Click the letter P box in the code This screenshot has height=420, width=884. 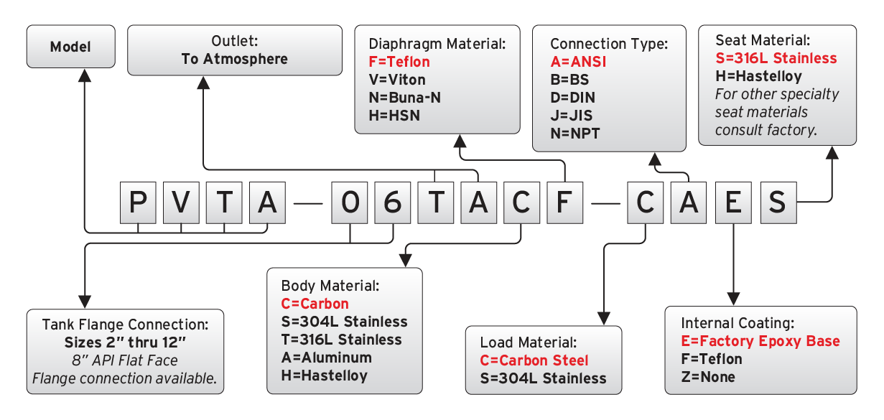(137, 202)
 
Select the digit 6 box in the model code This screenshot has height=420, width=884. (392, 202)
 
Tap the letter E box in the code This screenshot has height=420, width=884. (733, 202)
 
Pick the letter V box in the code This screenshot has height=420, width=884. (181, 202)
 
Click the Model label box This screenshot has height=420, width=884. (70, 47)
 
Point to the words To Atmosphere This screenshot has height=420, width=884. (235, 59)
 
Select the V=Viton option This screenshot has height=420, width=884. (396, 80)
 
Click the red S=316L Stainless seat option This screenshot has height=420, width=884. (776, 58)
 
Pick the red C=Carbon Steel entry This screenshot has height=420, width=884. (534, 360)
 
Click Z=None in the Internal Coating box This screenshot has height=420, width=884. (708, 376)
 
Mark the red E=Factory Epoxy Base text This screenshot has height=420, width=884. (760, 341)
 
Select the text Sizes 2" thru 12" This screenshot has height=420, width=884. (125, 341)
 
